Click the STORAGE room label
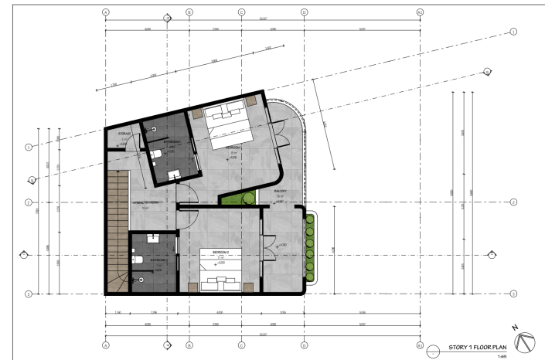click(x=123, y=134)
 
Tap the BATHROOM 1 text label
click(x=172, y=142)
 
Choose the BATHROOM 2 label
click(x=159, y=261)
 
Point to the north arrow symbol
click(x=525, y=341)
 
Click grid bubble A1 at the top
click(x=420, y=13)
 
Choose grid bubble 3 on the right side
click(x=513, y=294)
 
